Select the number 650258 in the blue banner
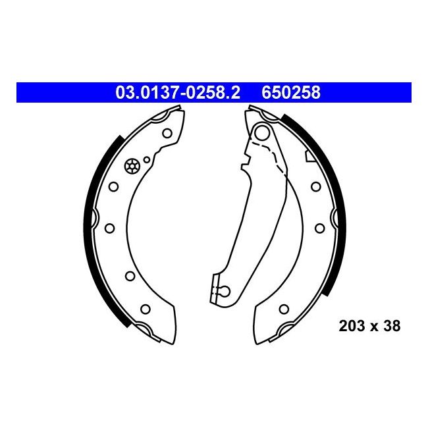pyautogui.click(x=291, y=94)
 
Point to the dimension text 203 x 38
pyautogui.click(x=369, y=325)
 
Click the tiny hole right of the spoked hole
pyautogui.click(x=147, y=159)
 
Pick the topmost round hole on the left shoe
pyautogui.click(x=167, y=134)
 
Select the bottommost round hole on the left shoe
pyautogui.click(x=146, y=308)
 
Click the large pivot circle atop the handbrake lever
pyautogui.click(x=261, y=134)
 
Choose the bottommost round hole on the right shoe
pyautogui.click(x=284, y=308)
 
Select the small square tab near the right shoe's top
pyautogui.click(x=308, y=157)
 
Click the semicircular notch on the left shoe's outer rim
pyautogui.click(x=95, y=217)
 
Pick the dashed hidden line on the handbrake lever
pyautogui.click(x=277, y=158)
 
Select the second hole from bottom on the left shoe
pyautogui.click(x=130, y=276)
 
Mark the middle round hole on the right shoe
pyautogui.click(x=319, y=228)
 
